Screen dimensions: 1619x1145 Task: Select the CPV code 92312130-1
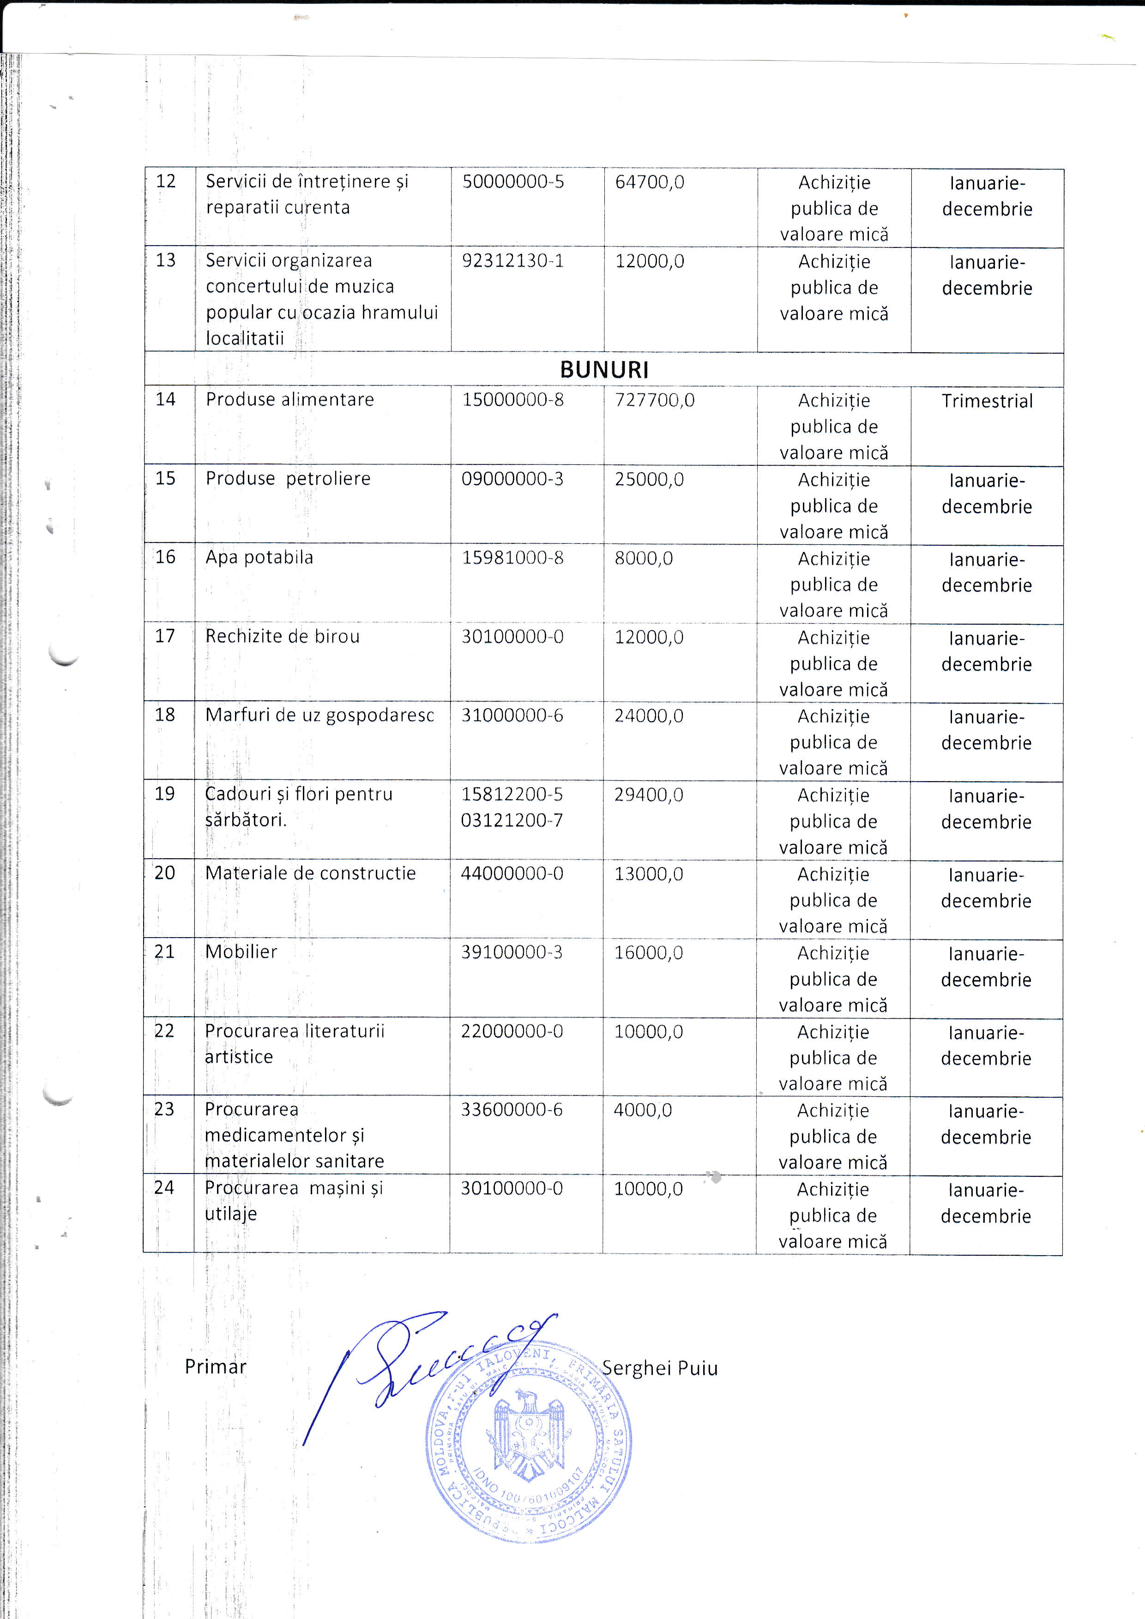click(512, 261)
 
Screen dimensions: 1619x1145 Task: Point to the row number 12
click(166, 181)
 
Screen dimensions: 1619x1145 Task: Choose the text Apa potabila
click(259, 557)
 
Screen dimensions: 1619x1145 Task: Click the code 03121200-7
click(512, 820)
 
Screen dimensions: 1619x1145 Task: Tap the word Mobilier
click(241, 951)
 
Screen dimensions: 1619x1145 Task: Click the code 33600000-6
click(512, 1110)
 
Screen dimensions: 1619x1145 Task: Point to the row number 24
click(164, 1188)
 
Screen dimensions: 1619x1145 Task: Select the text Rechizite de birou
click(282, 636)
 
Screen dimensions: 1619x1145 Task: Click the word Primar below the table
click(215, 1367)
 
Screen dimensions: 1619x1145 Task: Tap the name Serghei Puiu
click(659, 1368)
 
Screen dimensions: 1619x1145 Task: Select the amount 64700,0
click(649, 182)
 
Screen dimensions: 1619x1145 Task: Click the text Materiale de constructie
click(310, 873)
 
